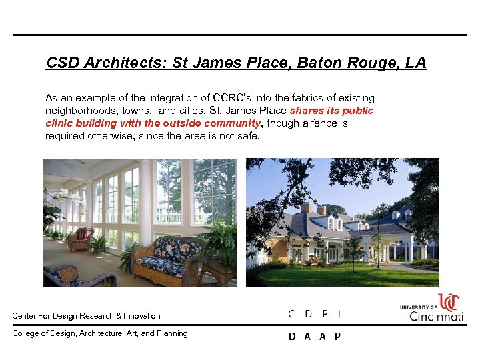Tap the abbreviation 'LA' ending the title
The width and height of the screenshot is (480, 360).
point(415,63)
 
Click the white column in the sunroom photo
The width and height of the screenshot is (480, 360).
point(145,200)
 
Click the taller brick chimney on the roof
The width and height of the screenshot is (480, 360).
point(305,209)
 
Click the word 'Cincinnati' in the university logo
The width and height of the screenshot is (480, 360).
point(437,316)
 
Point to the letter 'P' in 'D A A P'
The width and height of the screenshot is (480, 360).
point(337,337)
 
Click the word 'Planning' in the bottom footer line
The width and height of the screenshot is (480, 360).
point(172,333)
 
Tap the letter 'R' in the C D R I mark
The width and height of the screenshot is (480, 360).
point(325,314)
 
